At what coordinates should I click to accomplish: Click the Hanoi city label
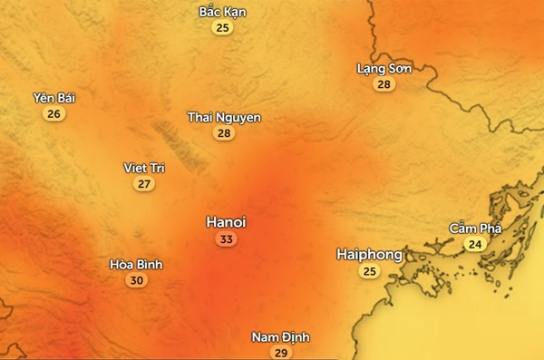[x=226, y=222]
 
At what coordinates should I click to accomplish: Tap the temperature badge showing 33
[x=226, y=239]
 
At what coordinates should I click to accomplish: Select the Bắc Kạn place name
[x=222, y=12]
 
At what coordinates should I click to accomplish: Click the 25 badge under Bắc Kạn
[x=222, y=28]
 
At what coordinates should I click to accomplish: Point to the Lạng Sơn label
[x=384, y=68]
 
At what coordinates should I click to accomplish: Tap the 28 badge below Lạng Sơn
[x=384, y=84]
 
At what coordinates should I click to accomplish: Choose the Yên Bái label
[x=53, y=98]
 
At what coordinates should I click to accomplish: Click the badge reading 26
[x=53, y=114]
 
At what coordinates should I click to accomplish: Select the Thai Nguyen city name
[x=224, y=117]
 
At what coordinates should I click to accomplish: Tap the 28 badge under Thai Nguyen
[x=224, y=133]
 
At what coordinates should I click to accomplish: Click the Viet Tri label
[x=144, y=168]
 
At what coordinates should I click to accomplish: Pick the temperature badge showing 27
[x=144, y=184]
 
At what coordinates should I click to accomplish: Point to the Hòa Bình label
[x=136, y=264]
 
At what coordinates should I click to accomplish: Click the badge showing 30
[x=136, y=280]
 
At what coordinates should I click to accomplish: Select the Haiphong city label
[x=369, y=254]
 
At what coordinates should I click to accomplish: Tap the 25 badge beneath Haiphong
[x=369, y=271]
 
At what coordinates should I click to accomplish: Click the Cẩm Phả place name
[x=474, y=228]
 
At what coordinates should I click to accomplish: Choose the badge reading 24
[x=474, y=244]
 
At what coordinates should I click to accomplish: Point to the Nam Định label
[x=280, y=337]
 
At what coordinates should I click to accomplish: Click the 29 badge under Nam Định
[x=280, y=353]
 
